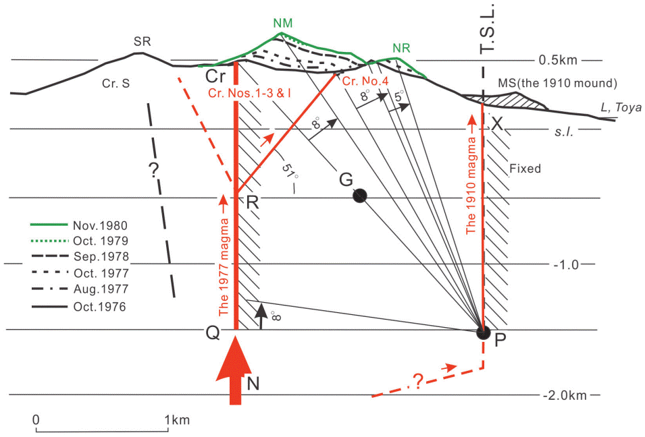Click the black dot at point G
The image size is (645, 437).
[360, 196]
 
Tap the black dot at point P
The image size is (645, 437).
[483, 332]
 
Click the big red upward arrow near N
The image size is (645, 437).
[235, 374]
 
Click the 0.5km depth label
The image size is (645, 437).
[560, 60]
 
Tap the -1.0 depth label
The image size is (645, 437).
[566, 264]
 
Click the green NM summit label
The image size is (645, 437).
[284, 23]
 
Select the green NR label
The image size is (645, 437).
[401, 49]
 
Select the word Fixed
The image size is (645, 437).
[526, 169]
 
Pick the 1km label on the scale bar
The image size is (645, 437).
[179, 419]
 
